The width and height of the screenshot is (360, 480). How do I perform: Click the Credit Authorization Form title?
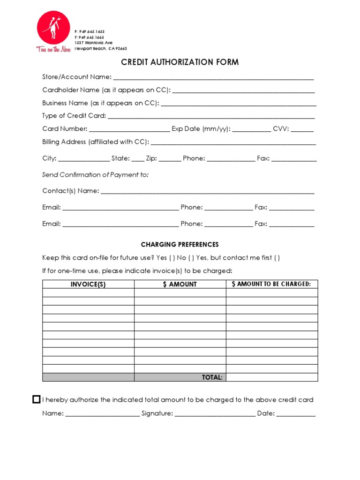tap(180, 62)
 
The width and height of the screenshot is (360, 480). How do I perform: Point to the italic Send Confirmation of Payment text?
tap(95, 175)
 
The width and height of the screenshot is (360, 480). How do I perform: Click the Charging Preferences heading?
tap(180, 245)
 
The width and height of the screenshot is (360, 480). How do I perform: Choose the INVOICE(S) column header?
tap(88, 284)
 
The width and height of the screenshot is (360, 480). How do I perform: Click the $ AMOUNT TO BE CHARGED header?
tap(272, 284)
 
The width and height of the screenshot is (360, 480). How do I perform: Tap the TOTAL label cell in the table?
tap(180, 377)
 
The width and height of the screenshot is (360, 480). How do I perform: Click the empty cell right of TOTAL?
tap(272, 377)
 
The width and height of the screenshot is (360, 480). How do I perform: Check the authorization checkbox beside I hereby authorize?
tap(36, 400)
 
